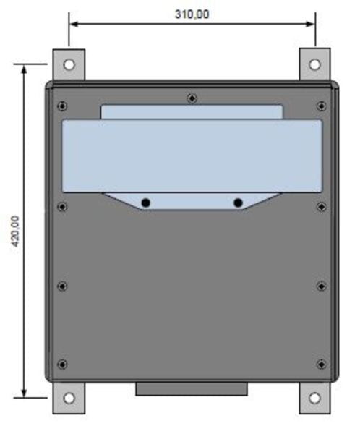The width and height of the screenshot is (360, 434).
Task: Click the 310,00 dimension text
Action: click(x=192, y=14)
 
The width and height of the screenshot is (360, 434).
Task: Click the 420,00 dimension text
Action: click(x=15, y=231)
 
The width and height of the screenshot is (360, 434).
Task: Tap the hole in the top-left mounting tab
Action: click(x=69, y=65)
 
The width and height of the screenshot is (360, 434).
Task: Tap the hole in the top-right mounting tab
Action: click(x=314, y=65)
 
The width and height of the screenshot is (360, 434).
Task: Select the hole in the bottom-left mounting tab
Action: click(x=69, y=399)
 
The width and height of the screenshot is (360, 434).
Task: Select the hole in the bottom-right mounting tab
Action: click(x=314, y=399)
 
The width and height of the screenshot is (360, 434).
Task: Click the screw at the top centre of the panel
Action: click(x=192, y=98)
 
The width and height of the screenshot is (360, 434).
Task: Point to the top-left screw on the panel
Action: click(x=62, y=106)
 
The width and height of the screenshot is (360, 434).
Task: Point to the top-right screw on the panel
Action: click(x=321, y=106)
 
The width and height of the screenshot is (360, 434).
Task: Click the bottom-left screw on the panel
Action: click(x=62, y=365)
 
